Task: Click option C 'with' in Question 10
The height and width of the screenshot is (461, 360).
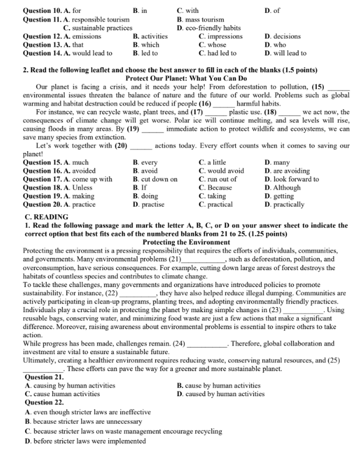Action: [x=188, y=11]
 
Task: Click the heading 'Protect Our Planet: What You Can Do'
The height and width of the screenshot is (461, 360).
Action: [x=186, y=78]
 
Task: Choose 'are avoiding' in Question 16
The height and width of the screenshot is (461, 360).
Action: [x=284, y=171]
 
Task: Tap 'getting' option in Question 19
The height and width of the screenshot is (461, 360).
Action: [x=279, y=196]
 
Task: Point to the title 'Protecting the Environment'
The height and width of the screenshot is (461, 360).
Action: [x=186, y=242]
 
